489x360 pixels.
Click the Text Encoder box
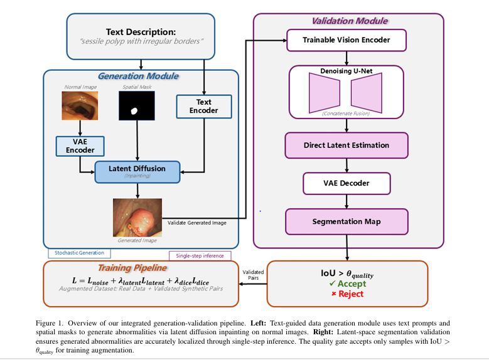pos(203,106)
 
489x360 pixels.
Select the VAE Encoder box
pos(80,146)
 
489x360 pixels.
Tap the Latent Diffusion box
pos(137,171)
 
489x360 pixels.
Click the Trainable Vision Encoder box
pos(347,40)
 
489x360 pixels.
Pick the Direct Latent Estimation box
pos(347,145)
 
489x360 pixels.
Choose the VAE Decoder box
pos(347,183)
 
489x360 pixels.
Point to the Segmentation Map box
pos(347,221)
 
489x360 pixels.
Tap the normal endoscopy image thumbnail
pos(80,105)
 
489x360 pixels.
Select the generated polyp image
pos(137,216)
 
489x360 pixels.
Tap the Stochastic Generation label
pos(79,253)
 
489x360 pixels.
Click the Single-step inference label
pos(200,256)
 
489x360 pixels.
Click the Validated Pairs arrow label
pos(254,275)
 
